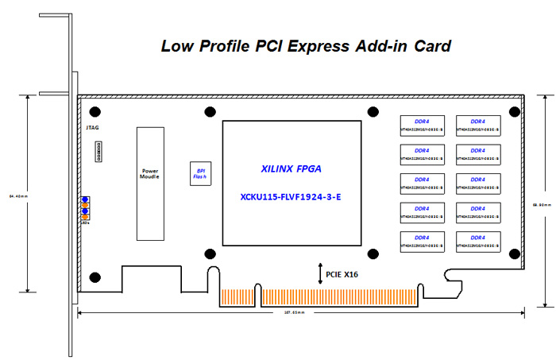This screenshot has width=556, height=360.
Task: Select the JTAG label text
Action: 93,128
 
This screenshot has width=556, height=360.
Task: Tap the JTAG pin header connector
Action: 98,151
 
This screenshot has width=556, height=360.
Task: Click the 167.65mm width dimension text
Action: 299,313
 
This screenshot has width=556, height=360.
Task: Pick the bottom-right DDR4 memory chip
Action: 478,241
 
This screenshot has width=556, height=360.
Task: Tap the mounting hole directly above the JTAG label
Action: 95,111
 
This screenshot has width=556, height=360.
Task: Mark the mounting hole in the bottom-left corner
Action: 95,277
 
